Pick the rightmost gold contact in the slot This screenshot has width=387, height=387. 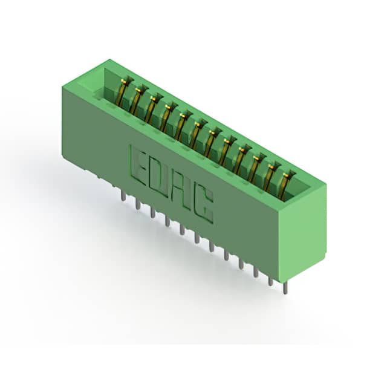(x=284, y=186)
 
